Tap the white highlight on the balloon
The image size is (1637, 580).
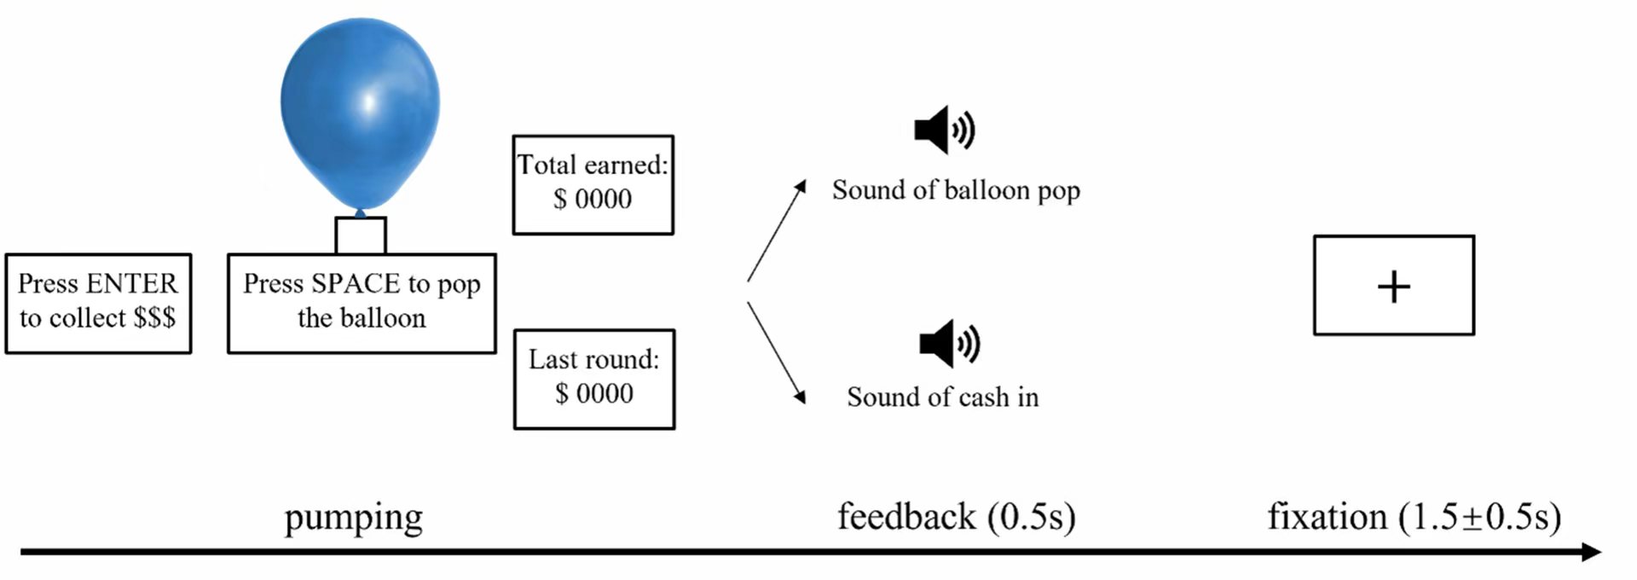[x=369, y=101]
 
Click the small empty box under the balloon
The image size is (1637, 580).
[x=361, y=235]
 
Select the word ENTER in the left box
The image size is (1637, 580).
[x=131, y=283]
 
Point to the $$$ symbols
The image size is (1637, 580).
[x=154, y=318]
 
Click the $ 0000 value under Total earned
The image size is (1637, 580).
[x=593, y=200]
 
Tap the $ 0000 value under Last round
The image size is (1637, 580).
[x=594, y=394]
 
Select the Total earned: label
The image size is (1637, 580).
[x=593, y=165]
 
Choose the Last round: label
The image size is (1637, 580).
[x=593, y=359]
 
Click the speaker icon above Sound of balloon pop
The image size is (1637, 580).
[x=945, y=130]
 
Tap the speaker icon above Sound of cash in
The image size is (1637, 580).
[x=949, y=344]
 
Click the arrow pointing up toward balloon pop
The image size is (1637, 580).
[x=776, y=230]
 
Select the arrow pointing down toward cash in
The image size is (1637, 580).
[x=776, y=351]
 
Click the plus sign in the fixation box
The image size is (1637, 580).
[x=1393, y=287]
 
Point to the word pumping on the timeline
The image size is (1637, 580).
[x=353, y=517]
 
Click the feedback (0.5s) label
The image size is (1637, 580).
[x=956, y=517]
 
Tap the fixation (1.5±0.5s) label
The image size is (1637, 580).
[x=1414, y=517]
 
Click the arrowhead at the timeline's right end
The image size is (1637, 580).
[x=1591, y=552]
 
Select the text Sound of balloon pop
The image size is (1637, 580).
[x=956, y=190]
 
